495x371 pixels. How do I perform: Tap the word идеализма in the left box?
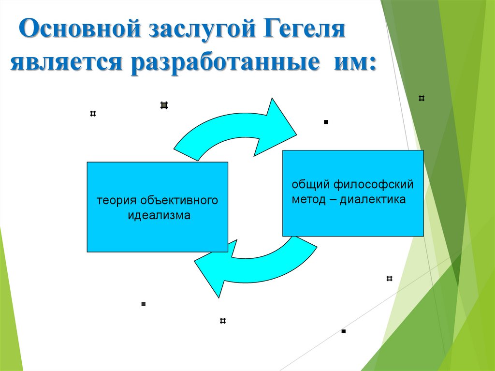[159, 215]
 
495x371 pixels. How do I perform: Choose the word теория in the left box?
[113, 200]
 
